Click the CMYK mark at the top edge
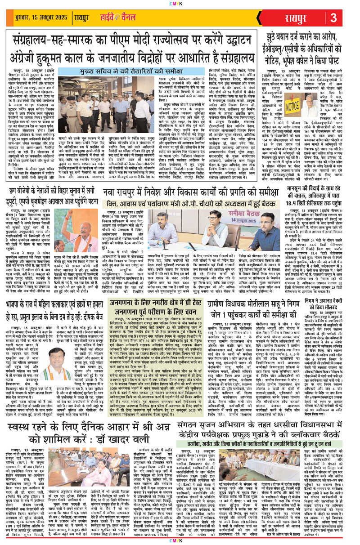[180, 3]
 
